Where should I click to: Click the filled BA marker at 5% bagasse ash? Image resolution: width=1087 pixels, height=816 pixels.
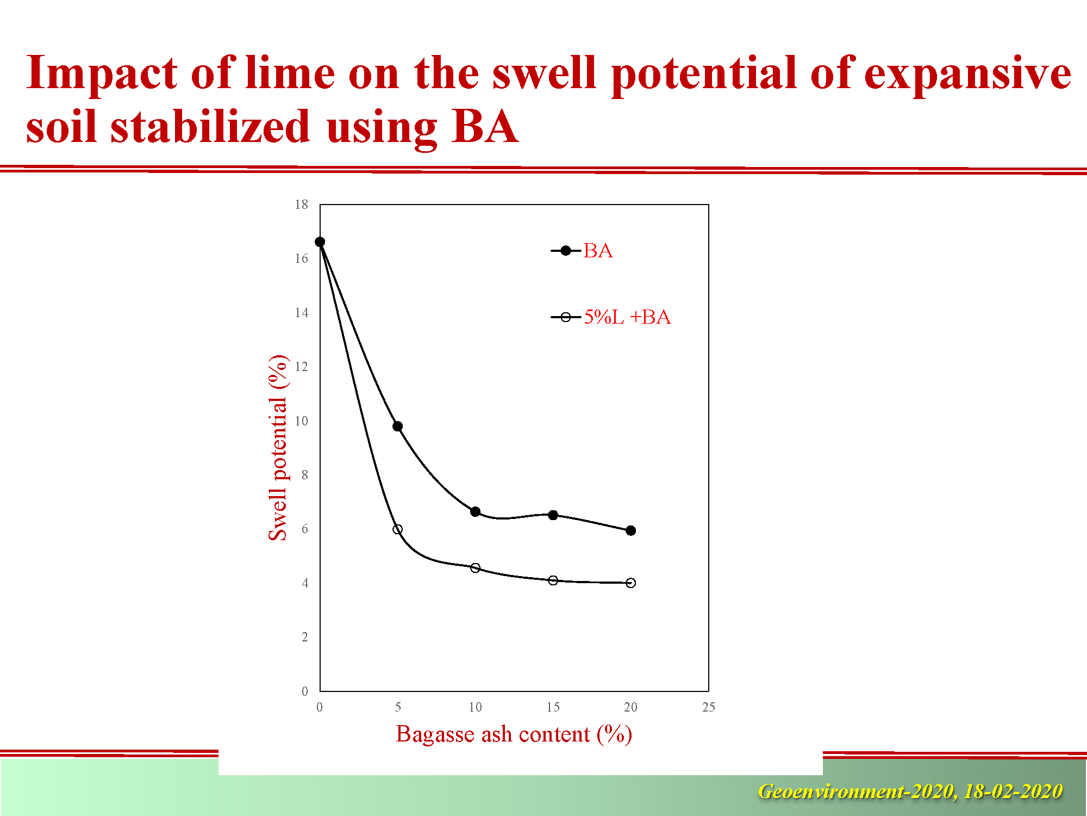[398, 426]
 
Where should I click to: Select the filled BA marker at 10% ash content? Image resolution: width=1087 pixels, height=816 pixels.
[476, 511]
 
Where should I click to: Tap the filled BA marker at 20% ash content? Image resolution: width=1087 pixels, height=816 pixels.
[630, 530]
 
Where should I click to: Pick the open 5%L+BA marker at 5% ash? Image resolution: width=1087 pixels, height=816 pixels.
[398, 529]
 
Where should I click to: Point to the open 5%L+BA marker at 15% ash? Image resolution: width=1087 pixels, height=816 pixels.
[553, 580]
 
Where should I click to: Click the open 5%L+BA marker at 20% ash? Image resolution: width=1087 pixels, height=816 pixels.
[630, 583]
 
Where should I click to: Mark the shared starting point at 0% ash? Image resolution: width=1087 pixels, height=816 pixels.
[320, 242]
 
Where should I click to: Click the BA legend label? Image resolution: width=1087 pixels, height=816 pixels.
[598, 251]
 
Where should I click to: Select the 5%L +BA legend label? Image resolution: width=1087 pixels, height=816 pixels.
[627, 317]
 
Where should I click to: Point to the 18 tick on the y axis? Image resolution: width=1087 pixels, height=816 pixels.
[302, 205]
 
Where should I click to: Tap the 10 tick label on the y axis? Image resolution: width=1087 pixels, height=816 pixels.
[302, 421]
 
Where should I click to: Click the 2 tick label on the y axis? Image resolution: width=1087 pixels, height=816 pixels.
[305, 637]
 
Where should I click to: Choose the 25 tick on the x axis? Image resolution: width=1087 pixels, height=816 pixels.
[709, 707]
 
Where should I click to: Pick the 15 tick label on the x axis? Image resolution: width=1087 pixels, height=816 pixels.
[553, 707]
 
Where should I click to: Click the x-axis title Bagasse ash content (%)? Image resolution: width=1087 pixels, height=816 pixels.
[514, 734]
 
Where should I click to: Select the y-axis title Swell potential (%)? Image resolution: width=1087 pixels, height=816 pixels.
[278, 448]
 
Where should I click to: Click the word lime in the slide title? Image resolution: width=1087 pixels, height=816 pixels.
[290, 73]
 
